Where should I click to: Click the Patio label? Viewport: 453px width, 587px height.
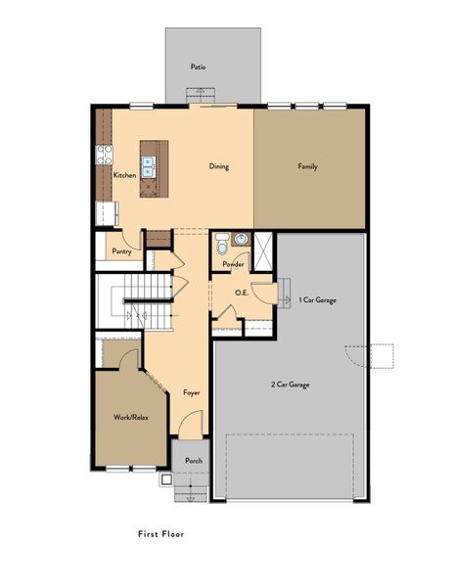199,68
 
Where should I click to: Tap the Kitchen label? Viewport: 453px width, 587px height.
124,175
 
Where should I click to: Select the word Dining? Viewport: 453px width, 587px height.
219,166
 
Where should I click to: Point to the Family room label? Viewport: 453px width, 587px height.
307,166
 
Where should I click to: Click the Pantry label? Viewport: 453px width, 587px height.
121,251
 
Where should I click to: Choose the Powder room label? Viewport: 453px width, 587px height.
233,264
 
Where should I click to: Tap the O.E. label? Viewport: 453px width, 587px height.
241,293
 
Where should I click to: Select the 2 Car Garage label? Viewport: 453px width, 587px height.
291,384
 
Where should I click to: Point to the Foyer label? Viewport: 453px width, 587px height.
192,393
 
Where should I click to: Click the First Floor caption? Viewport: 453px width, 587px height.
161,535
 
